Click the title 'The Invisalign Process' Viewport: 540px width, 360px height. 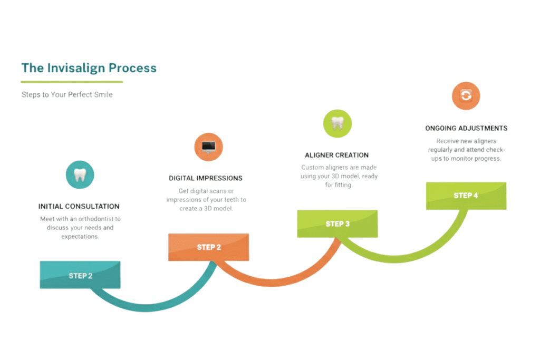coord(89,68)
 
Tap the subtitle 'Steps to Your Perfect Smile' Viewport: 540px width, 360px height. coord(67,95)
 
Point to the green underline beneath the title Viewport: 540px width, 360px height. coord(72,82)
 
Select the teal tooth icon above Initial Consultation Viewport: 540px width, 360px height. coord(80,175)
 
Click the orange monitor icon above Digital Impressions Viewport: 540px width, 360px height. coord(208,147)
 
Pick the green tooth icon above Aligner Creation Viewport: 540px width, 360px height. coord(337,123)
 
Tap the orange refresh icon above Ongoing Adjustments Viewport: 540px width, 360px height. coord(466,95)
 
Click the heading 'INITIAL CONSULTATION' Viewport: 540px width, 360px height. coord(79,207)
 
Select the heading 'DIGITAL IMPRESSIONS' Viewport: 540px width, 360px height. coord(206,178)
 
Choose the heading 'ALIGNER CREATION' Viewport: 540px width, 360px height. coord(336,155)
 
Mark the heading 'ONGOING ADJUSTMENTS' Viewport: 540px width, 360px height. coord(466,128)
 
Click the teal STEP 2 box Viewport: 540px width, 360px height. coord(80,275)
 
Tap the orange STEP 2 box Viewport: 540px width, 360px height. coord(209,247)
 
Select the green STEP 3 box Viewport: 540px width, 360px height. coord(337,224)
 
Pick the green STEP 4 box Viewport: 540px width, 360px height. coord(466,196)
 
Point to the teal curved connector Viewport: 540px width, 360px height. coord(148,306)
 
